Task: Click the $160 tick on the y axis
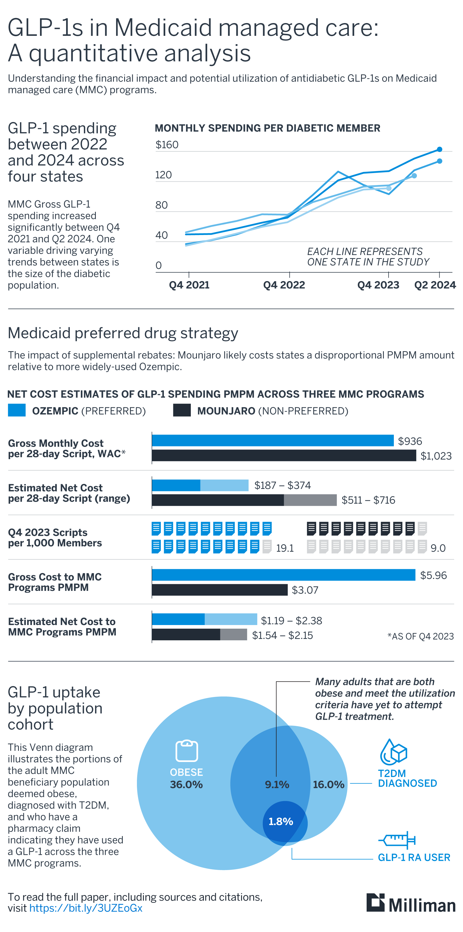[167, 145]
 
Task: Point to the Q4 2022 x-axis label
[284, 285]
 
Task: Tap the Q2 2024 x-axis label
[434, 285]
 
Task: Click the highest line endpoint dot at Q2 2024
[439, 149]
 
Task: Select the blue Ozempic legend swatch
[17, 410]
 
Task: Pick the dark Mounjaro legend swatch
[182, 410]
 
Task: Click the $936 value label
[410, 441]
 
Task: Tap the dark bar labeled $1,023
[284, 456]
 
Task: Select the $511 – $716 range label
[368, 500]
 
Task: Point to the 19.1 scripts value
[285, 548]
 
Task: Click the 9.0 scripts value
[438, 548]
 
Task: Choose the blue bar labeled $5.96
[284, 575]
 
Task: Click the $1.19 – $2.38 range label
[291, 621]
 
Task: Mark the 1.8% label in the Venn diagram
[281, 821]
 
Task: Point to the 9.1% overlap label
[277, 784]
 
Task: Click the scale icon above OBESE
[187, 751]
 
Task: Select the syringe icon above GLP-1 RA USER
[397, 840]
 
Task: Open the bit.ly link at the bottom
[86, 908]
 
